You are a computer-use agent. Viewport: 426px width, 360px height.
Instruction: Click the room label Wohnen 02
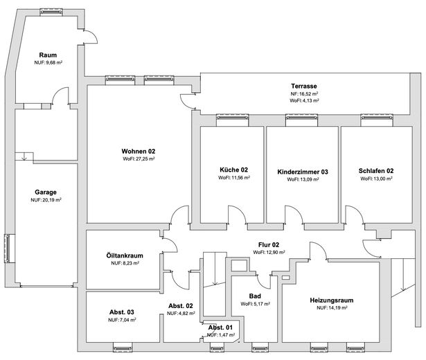pyautogui.click(x=139, y=151)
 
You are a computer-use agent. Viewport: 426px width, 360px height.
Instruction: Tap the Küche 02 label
pyautogui.click(x=233, y=170)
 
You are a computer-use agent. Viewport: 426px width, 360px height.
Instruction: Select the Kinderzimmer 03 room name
pyautogui.click(x=303, y=172)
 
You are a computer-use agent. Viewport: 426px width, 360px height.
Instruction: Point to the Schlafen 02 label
pyautogui.click(x=376, y=171)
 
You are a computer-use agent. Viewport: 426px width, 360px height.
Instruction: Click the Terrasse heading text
pyautogui.click(x=304, y=86)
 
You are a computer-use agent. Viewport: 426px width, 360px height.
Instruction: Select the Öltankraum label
pyautogui.click(x=125, y=255)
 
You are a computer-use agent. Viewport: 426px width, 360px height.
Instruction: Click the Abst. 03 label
pyautogui.click(x=122, y=312)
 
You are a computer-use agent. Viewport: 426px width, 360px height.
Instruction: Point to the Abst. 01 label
pyautogui.click(x=220, y=327)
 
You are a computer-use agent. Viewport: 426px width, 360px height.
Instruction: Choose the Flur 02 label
pyautogui.click(x=269, y=245)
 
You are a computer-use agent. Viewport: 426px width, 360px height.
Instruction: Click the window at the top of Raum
pyautogui.click(x=51, y=12)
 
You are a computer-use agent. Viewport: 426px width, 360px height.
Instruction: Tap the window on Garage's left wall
pyautogui.click(x=8, y=248)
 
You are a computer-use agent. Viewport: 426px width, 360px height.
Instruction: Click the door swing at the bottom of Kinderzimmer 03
pyautogui.click(x=294, y=215)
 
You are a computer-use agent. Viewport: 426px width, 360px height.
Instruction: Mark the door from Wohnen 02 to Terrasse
pyautogui.click(x=188, y=102)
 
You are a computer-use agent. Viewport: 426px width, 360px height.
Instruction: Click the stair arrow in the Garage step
pyautogui.click(x=24, y=156)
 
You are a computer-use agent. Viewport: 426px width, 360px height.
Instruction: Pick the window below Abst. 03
pyautogui.click(x=123, y=348)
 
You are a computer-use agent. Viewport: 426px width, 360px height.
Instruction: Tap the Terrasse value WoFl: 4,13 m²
pyautogui.click(x=304, y=100)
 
